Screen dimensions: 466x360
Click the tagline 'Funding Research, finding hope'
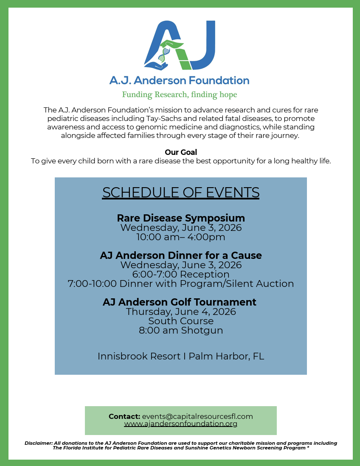(x=180, y=95)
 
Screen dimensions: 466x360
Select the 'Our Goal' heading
(x=181, y=152)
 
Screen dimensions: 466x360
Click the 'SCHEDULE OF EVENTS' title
(x=181, y=193)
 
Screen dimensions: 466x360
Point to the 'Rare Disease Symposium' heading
(x=181, y=218)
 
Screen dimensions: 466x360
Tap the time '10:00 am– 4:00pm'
(x=181, y=237)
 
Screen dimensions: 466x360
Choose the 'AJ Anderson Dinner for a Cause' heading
(x=181, y=255)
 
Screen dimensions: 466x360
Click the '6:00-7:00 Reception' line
(x=181, y=274)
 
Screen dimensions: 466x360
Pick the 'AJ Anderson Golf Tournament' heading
(x=180, y=302)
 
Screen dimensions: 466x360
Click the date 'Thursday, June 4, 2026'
(x=181, y=312)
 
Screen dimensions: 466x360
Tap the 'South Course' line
(x=181, y=321)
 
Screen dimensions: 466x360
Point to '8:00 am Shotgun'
(x=181, y=330)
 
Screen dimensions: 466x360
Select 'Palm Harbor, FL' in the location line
(x=226, y=356)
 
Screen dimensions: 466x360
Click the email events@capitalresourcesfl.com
(x=197, y=416)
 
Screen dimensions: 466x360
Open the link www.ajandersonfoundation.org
(x=181, y=424)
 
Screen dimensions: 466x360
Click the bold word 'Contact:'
(x=124, y=416)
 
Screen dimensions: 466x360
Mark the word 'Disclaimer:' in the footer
(x=39, y=443)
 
